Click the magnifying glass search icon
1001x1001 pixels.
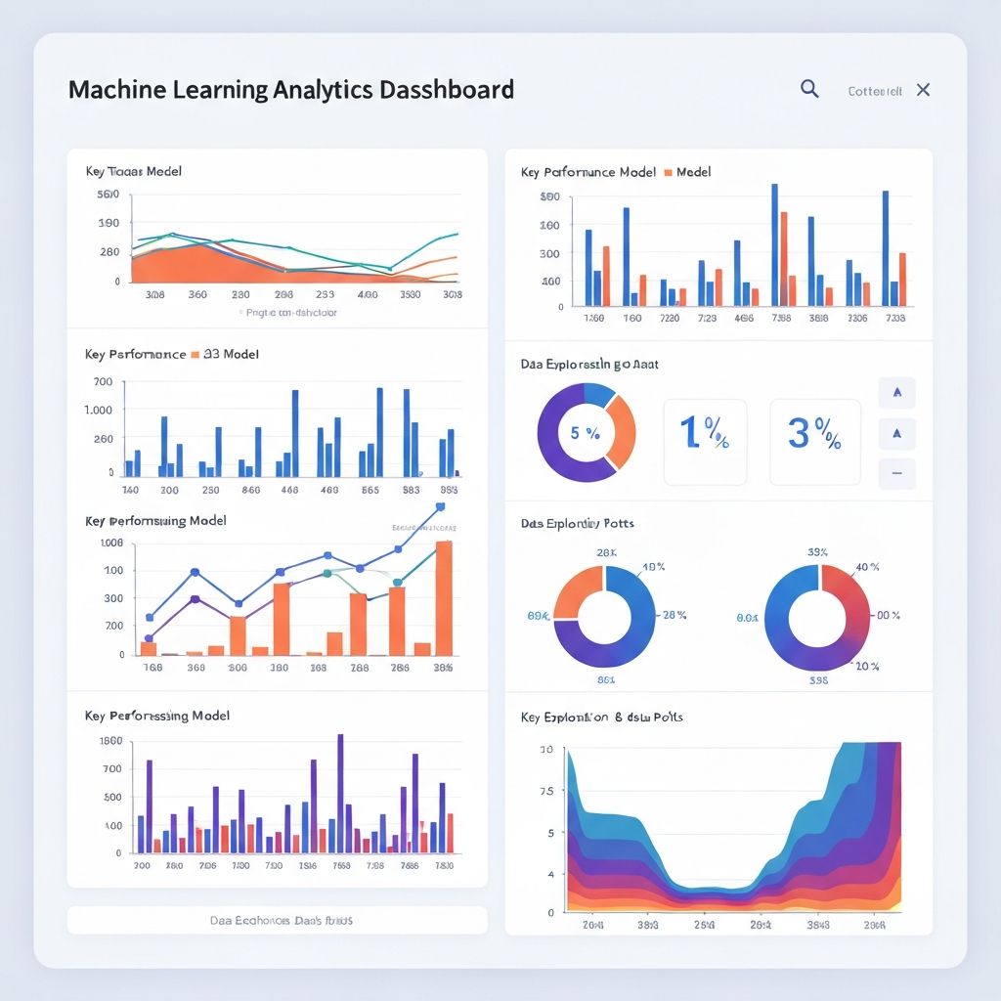pos(809,89)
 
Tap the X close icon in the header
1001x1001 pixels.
pos(923,90)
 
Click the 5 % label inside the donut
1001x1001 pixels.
pos(585,432)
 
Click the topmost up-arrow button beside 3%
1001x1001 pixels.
pos(897,393)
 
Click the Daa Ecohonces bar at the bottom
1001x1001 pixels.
pos(277,920)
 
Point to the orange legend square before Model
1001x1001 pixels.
pos(668,172)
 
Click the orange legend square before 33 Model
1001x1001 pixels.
pos(196,354)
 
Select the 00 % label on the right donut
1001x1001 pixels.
pos(888,615)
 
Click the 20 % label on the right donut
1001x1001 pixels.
pos(866,666)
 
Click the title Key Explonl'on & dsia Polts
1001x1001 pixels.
pos(602,717)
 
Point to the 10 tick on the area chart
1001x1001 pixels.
pos(546,749)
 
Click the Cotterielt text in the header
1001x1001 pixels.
pos(875,91)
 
